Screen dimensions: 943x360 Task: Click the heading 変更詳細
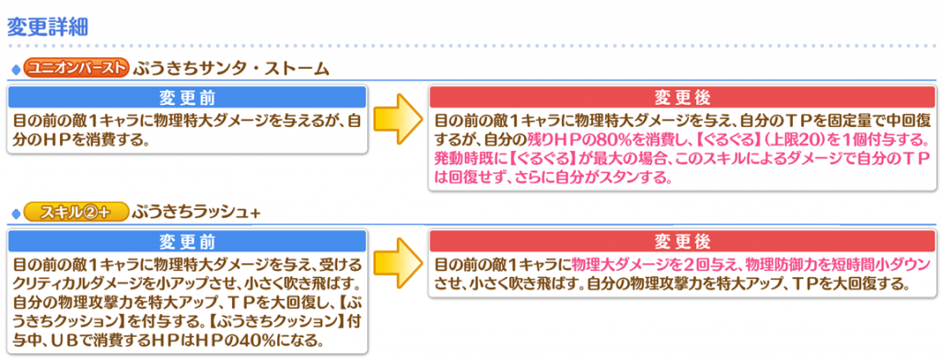click(48, 27)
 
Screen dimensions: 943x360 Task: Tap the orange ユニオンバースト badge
click(76, 66)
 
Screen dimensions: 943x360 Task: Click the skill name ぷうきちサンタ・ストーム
click(231, 67)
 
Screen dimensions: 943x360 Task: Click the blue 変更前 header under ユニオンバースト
click(187, 98)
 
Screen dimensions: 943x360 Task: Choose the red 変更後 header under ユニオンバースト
click(682, 98)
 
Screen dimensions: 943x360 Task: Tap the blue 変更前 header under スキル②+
click(187, 240)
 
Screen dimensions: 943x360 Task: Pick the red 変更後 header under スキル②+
click(682, 240)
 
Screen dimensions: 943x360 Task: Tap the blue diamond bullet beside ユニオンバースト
click(17, 68)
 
